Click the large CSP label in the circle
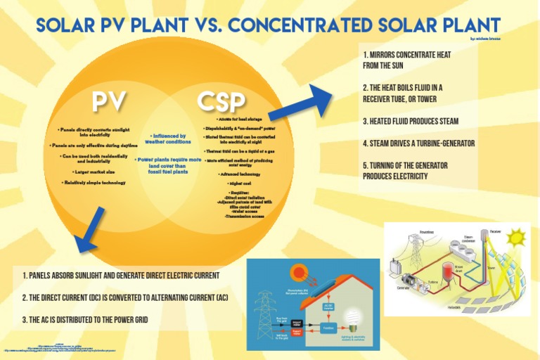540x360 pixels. coord(221,101)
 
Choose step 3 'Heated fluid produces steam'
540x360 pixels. coord(411,121)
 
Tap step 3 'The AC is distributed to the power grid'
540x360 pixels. coord(85,320)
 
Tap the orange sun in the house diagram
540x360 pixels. coord(300,272)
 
